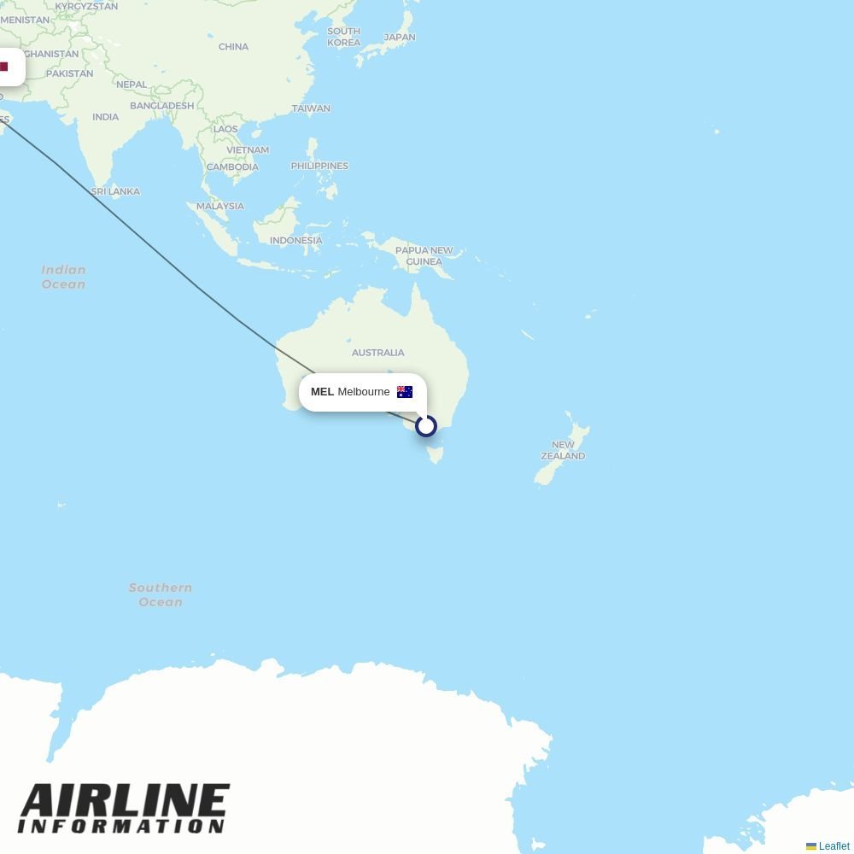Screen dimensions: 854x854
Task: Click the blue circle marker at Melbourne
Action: [426, 425]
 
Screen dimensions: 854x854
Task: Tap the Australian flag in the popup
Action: [405, 392]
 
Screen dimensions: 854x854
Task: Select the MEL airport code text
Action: [322, 392]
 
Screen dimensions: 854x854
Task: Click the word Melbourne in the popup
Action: [364, 392]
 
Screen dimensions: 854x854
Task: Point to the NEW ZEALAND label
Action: [563, 450]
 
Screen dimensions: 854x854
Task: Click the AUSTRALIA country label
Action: [377, 353]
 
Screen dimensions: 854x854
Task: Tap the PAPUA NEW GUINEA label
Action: [424, 256]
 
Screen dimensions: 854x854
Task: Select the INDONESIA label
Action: [295, 241]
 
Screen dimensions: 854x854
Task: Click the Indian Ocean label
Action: [63, 277]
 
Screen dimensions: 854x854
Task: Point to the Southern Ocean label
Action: [161, 594]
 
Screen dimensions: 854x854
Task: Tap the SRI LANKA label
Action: [115, 192]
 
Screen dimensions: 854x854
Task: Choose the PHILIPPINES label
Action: [319, 166]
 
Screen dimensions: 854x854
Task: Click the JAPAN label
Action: [400, 38]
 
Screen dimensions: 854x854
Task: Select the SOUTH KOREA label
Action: [343, 37]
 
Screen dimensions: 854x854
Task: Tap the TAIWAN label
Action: [311, 108]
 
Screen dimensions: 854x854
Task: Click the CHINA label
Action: [233, 47]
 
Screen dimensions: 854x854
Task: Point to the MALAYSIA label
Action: [220, 206]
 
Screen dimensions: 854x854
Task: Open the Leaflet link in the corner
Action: [834, 846]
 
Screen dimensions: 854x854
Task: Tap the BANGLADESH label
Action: [162, 106]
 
